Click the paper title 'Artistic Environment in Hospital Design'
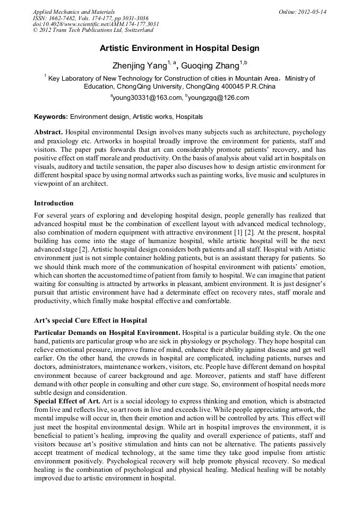(179, 48)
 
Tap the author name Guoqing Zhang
(210, 66)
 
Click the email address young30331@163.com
(145, 98)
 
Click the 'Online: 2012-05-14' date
(302, 12)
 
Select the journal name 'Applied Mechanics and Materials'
(74, 12)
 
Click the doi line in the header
(96, 24)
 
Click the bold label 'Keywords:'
(51, 116)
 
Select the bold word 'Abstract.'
(49, 131)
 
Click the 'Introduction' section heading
(54, 203)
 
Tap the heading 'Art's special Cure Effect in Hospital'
(90, 321)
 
